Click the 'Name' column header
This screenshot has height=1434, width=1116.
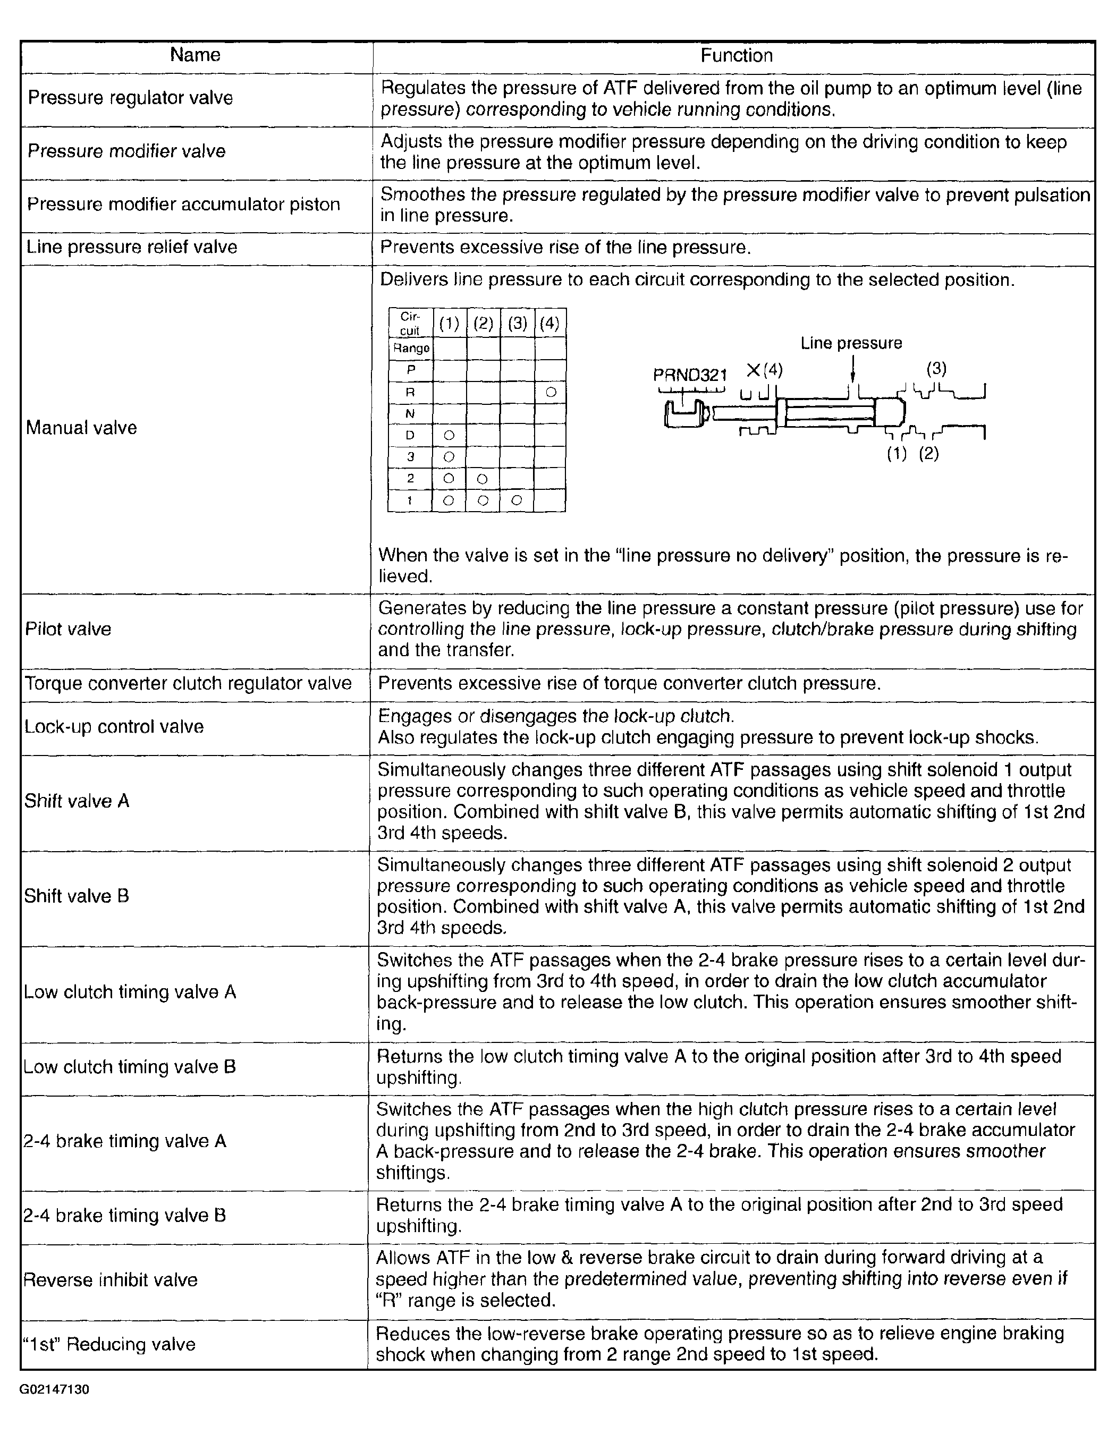click(x=195, y=55)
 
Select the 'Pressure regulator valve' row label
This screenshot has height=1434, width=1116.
click(x=130, y=98)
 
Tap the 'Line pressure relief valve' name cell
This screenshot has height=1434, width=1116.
click(x=131, y=248)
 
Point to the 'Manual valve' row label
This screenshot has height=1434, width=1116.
click(x=81, y=428)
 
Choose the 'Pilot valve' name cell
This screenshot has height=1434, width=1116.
click(x=69, y=629)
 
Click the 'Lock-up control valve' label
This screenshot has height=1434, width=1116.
click(x=114, y=727)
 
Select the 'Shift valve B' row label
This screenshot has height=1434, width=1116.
click(x=77, y=896)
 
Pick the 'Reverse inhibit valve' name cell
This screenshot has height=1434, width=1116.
click(x=111, y=1280)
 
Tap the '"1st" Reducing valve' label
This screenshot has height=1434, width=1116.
click(x=109, y=1344)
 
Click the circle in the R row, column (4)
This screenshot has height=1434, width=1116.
click(x=551, y=392)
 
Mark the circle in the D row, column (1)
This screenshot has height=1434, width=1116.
click(x=449, y=435)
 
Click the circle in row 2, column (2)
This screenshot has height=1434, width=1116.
click(x=483, y=479)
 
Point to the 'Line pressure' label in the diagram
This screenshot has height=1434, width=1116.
click(x=851, y=343)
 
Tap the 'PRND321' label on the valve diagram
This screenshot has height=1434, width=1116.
click(x=690, y=375)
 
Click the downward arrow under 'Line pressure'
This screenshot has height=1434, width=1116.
click(x=852, y=371)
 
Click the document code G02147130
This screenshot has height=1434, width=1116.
click(x=55, y=1389)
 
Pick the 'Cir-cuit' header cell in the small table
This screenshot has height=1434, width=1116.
click(x=410, y=323)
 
